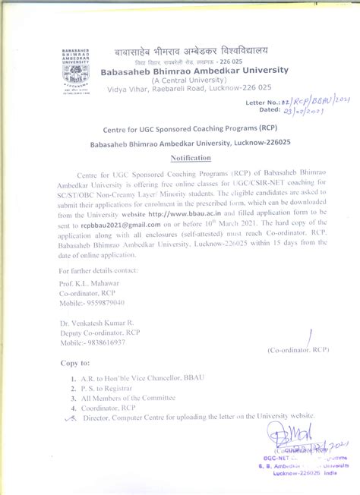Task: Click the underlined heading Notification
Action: coord(191,157)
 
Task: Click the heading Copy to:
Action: coord(75,363)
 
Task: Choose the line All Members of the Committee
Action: coord(126,397)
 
